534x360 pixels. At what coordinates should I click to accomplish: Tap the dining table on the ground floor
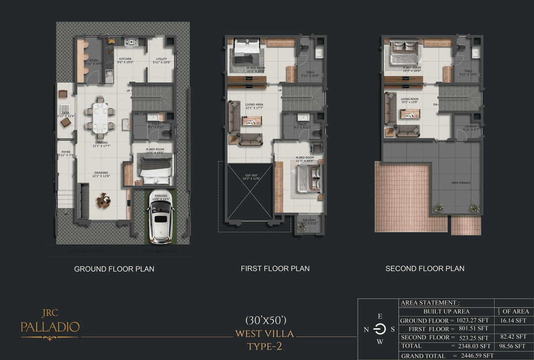click(100, 118)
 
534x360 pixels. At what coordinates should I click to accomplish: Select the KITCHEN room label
click(125, 59)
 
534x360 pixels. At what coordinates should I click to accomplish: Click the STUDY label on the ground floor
click(94, 60)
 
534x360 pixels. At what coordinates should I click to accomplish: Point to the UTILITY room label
click(161, 59)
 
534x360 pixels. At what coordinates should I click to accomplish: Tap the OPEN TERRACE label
click(461, 183)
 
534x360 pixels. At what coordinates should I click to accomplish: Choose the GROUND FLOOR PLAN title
click(114, 269)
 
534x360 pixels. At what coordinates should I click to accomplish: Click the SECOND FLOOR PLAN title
click(425, 269)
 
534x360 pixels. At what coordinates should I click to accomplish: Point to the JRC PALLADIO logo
click(50, 323)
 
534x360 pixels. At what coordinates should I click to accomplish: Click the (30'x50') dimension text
click(265, 320)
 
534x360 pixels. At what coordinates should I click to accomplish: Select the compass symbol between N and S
click(379, 329)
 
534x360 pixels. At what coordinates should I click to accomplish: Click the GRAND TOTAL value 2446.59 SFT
click(473, 356)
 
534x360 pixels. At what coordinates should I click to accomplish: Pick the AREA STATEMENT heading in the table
click(430, 303)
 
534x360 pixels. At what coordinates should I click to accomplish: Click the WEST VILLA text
click(264, 334)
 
